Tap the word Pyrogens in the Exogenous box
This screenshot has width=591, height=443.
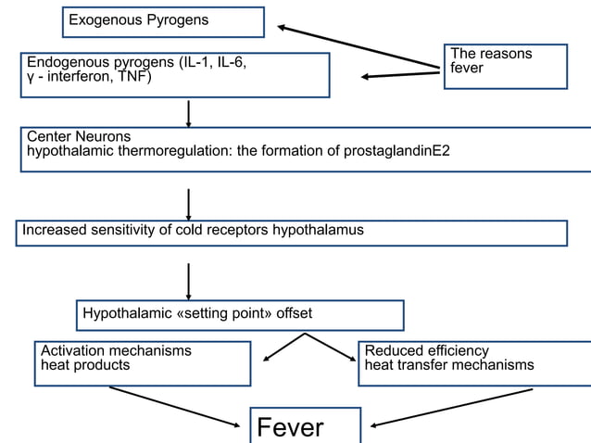point(178,20)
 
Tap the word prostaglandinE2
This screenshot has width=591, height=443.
point(396,151)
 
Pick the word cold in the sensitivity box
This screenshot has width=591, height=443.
point(188,230)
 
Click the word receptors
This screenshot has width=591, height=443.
point(237,231)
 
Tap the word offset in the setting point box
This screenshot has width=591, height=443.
point(294,313)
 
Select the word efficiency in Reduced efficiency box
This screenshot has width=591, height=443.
point(459,351)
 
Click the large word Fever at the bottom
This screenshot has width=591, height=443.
point(290,427)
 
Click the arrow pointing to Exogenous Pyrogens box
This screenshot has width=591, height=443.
point(358,46)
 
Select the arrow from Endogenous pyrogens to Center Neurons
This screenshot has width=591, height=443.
point(188,114)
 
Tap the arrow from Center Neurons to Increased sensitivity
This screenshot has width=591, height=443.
point(188,205)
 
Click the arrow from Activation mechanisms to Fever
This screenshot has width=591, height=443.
point(174,407)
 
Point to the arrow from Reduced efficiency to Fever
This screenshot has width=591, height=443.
point(451,408)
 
